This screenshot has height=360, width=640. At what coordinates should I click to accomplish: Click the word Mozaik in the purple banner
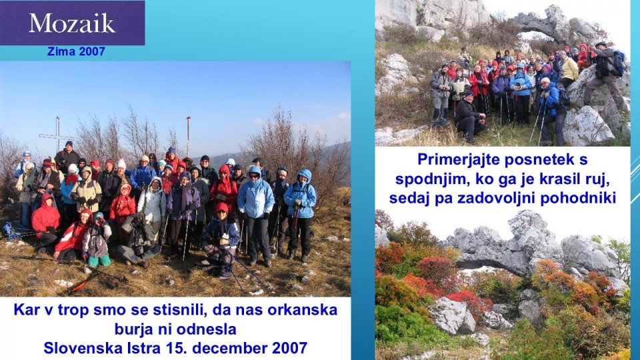tap(72, 23)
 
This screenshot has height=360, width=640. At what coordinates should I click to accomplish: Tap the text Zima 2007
tap(76, 51)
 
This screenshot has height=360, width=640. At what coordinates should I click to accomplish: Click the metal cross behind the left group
tap(57, 134)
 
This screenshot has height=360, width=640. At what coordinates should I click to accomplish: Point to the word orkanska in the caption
tap(303, 310)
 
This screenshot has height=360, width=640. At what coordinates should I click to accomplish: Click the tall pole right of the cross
tap(188, 137)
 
